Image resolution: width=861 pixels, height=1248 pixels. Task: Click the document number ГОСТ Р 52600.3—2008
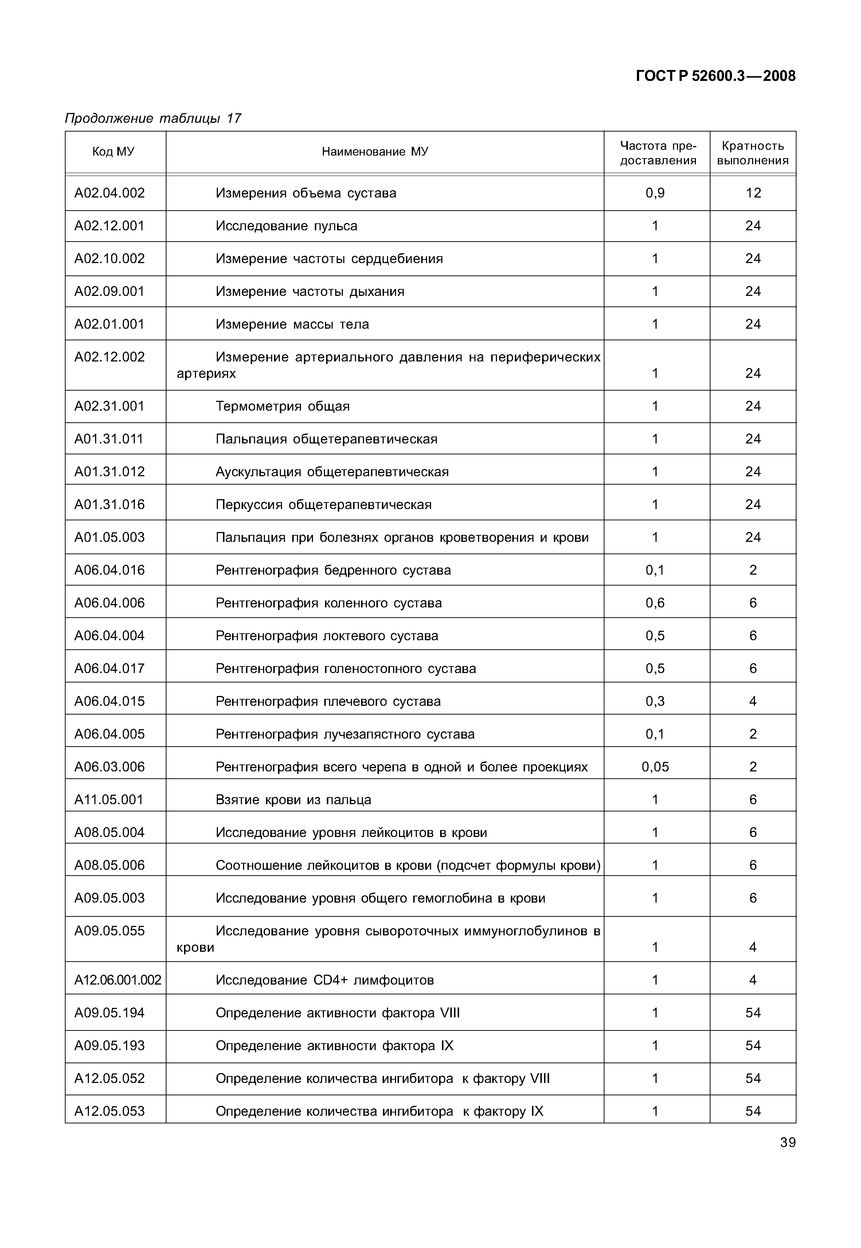coord(715,76)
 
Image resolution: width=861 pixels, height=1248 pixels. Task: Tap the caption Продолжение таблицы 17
coord(153,118)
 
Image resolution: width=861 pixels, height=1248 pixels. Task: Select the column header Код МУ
coord(113,152)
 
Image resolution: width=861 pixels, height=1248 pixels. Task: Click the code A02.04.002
coord(110,193)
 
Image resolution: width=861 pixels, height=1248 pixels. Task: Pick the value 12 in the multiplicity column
coord(753,193)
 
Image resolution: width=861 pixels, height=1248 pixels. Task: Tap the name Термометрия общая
coord(283,406)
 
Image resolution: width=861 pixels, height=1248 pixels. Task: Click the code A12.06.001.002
coord(118,980)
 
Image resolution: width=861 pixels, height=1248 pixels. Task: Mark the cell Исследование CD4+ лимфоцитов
coord(325,980)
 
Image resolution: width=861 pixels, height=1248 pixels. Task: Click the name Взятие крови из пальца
coord(293,799)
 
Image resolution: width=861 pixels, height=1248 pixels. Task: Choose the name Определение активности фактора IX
coord(334,1046)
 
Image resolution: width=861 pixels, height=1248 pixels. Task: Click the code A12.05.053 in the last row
coord(110,1111)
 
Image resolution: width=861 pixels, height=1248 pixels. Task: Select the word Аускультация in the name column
coord(259,472)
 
